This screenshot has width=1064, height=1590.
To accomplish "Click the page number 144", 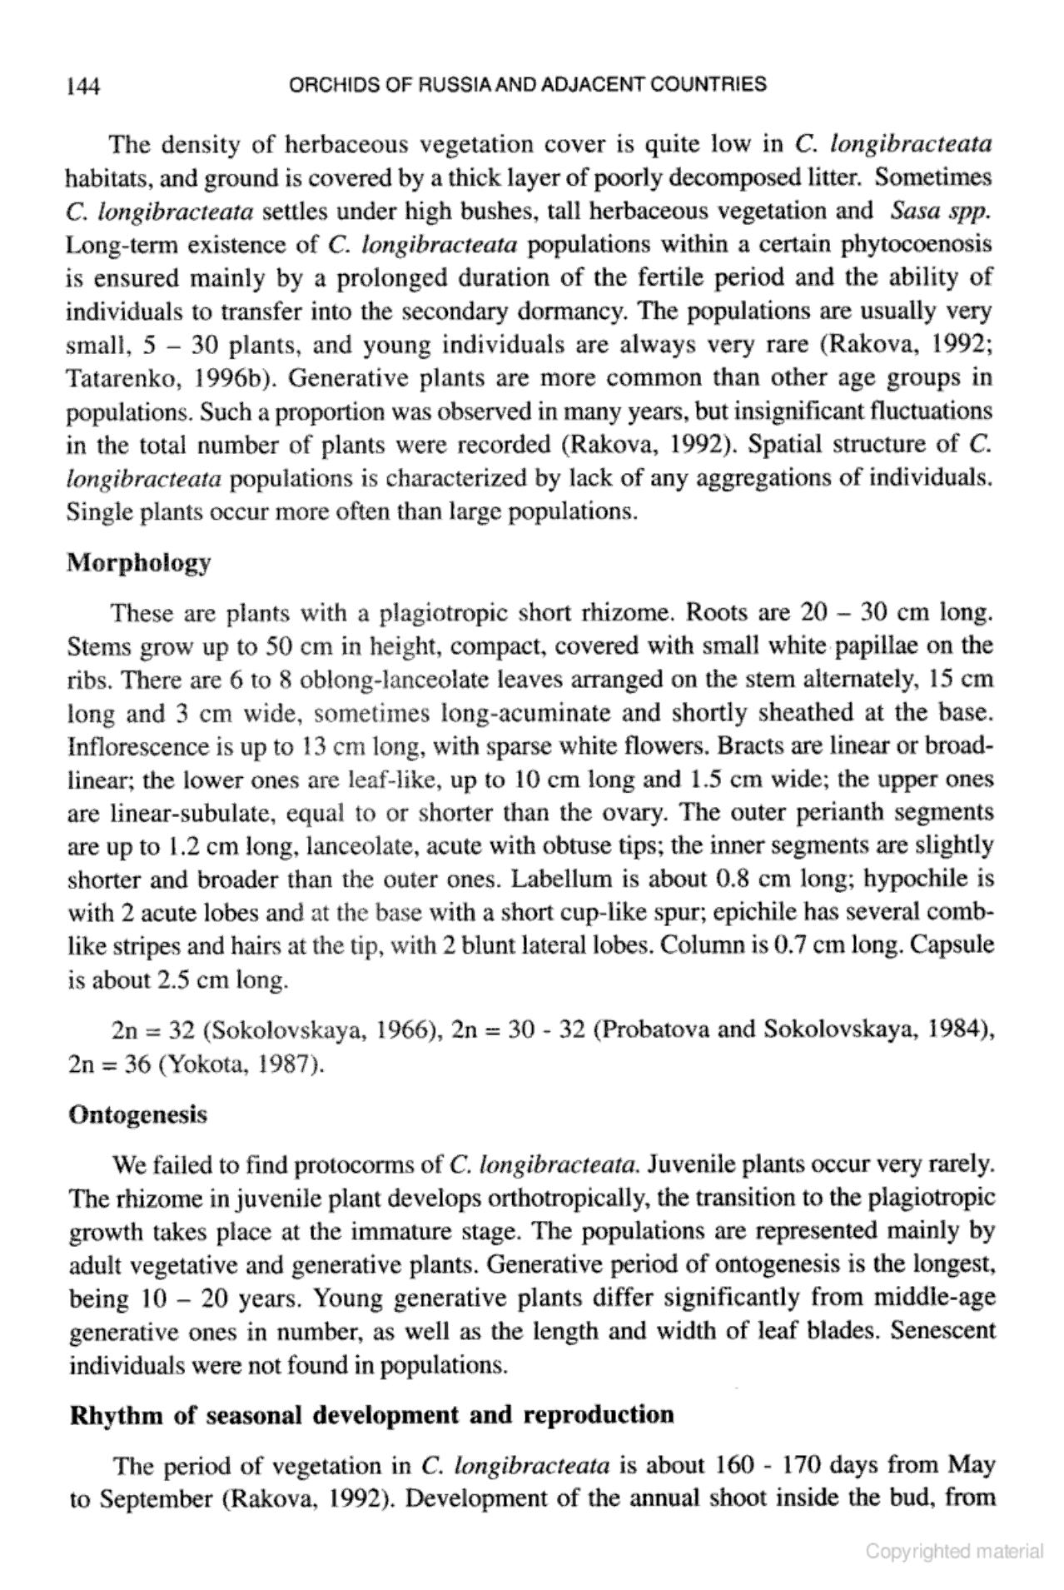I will [83, 86].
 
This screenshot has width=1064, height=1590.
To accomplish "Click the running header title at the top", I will [525, 84].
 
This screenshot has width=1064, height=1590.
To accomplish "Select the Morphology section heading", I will [138, 563].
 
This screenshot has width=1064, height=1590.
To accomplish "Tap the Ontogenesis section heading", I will [137, 1114].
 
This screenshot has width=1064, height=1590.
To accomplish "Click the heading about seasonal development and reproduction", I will [370, 1415].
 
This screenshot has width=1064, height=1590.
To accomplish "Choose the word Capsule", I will [960, 946].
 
